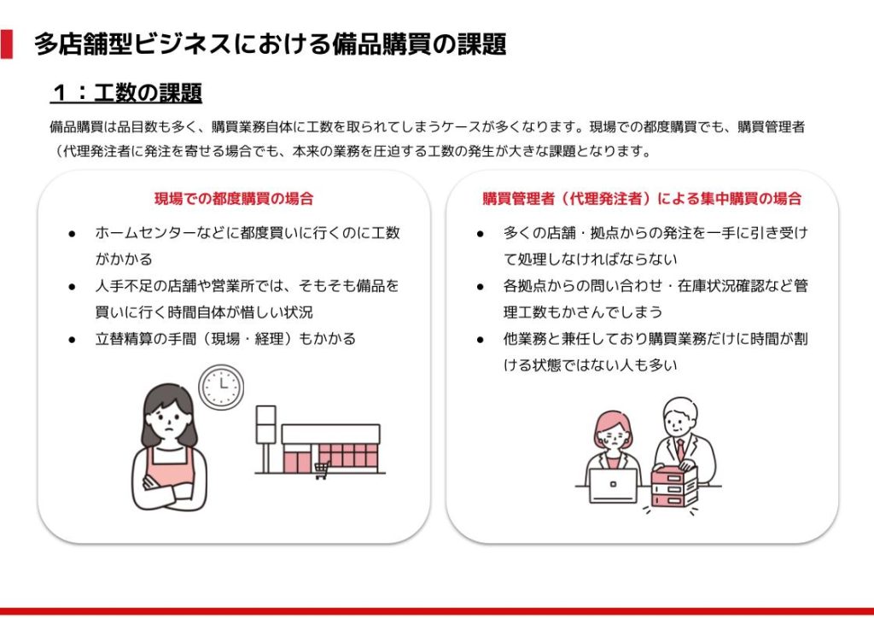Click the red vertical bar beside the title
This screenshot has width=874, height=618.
click(6, 44)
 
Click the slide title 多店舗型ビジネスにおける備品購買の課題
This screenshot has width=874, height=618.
click(271, 44)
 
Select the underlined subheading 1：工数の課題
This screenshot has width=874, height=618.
click(126, 92)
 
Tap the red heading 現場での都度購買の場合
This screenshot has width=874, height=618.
click(234, 198)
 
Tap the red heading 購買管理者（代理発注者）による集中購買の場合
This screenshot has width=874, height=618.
click(642, 198)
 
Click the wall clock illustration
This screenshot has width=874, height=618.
click(221, 386)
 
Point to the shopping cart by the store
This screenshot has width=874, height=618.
click(322, 470)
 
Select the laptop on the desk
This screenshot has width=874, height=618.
click(613, 486)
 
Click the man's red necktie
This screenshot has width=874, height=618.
click(680, 449)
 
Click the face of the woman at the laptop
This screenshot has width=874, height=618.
click(613, 435)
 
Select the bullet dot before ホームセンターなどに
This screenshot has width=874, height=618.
click(72, 234)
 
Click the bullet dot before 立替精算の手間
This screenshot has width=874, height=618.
click(72, 340)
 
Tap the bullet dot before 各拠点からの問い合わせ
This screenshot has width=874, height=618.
click(481, 287)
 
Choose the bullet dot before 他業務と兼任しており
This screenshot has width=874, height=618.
click(481, 340)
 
